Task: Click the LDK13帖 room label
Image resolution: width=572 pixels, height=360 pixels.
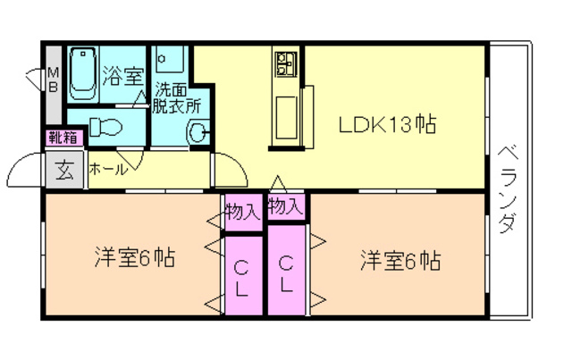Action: coord(386,125)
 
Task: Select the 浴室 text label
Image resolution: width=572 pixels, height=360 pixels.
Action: coord(122,75)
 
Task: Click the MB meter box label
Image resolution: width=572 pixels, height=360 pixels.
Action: coord(54,80)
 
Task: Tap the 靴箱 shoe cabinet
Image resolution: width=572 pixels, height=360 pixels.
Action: coord(62,138)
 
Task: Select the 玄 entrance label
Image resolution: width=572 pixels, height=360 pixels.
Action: coord(64,169)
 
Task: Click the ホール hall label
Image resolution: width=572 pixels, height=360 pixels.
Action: coord(108,169)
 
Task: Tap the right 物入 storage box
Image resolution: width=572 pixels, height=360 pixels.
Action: coord(285,207)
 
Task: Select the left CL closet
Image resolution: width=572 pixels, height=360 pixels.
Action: coord(242,276)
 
